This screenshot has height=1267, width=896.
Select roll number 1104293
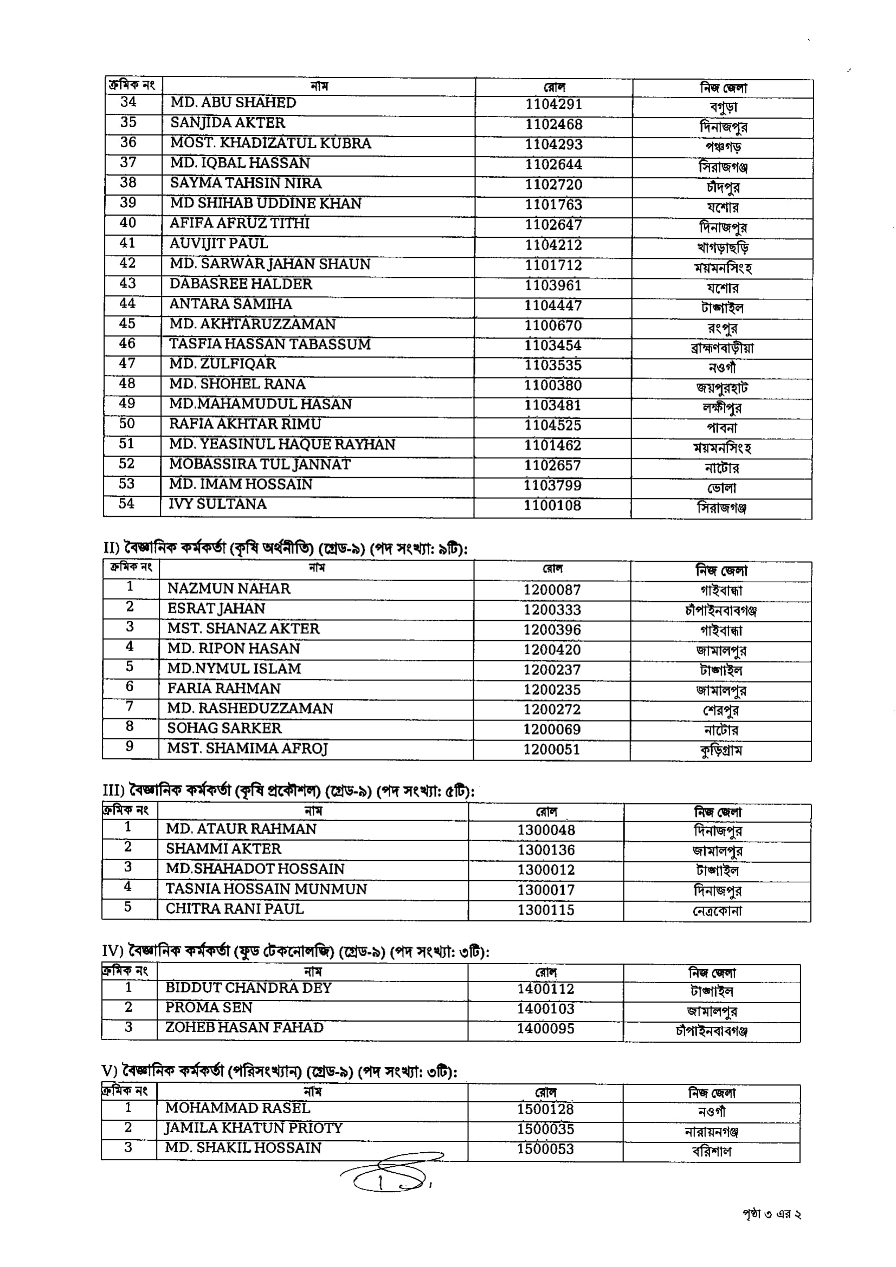[x=553, y=145]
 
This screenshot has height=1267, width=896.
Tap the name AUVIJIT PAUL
[x=218, y=243]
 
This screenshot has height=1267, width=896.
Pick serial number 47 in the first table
[x=127, y=363]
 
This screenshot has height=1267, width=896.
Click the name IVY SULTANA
[x=217, y=504]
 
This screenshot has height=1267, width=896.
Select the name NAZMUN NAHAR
[x=229, y=588]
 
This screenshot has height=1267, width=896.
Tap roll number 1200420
[x=551, y=649]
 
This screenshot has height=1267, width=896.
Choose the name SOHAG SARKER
[x=224, y=728]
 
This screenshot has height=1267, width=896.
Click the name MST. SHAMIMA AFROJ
[x=247, y=748]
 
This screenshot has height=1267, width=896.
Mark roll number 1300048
[x=546, y=830]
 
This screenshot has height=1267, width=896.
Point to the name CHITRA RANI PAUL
[x=235, y=908]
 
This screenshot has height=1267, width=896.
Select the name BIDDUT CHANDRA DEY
[x=248, y=987]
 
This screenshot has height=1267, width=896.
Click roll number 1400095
[x=545, y=1028]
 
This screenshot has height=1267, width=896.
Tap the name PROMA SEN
[x=209, y=1007]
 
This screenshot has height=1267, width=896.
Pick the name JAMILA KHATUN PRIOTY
[x=253, y=1127]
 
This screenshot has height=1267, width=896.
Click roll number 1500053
[x=545, y=1148]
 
